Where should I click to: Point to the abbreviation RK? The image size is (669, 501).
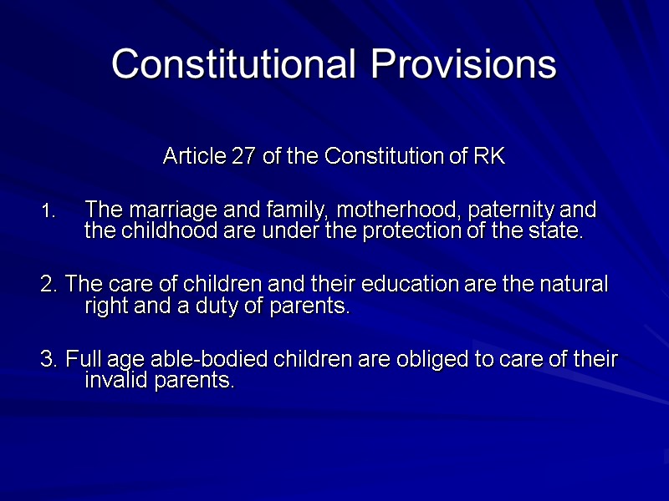click(x=489, y=155)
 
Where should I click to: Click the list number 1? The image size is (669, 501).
click(x=48, y=210)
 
